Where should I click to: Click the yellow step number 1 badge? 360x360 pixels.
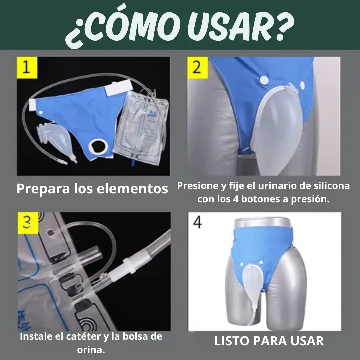click(x=27, y=67)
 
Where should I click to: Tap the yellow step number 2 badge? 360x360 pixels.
click(x=198, y=67)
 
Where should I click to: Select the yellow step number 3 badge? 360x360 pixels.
click(x=28, y=223)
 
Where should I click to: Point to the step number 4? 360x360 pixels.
click(x=197, y=222)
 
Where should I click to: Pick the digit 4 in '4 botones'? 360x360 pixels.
click(x=236, y=199)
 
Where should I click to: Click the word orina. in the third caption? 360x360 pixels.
click(x=91, y=350)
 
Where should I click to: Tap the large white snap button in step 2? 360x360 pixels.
click(x=264, y=80)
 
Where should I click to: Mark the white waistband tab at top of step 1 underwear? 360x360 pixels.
click(x=118, y=88)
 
